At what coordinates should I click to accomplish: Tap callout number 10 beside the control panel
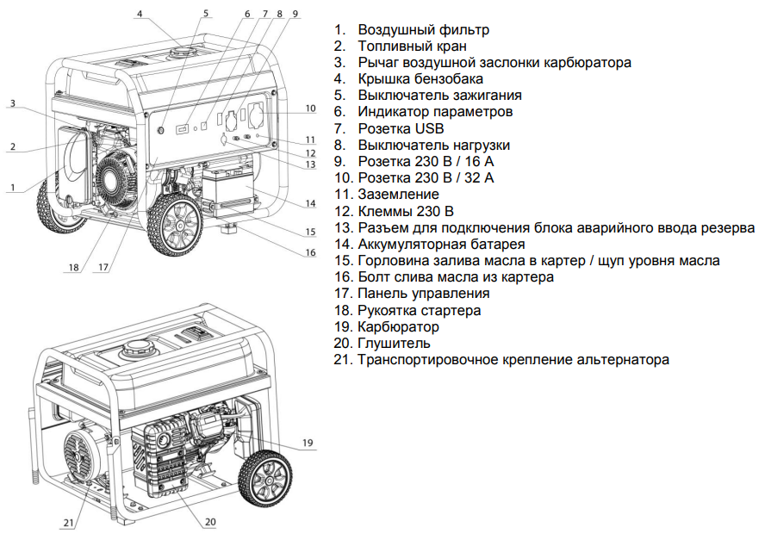[x=310, y=109]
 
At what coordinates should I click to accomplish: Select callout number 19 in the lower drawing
[x=309, y=444]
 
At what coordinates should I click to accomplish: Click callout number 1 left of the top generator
[x=13, y=187]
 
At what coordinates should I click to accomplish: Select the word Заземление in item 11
[x=399, y=195]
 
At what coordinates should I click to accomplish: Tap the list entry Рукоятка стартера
[x=420, y=310]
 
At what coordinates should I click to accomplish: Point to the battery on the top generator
[x=226, y=185]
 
